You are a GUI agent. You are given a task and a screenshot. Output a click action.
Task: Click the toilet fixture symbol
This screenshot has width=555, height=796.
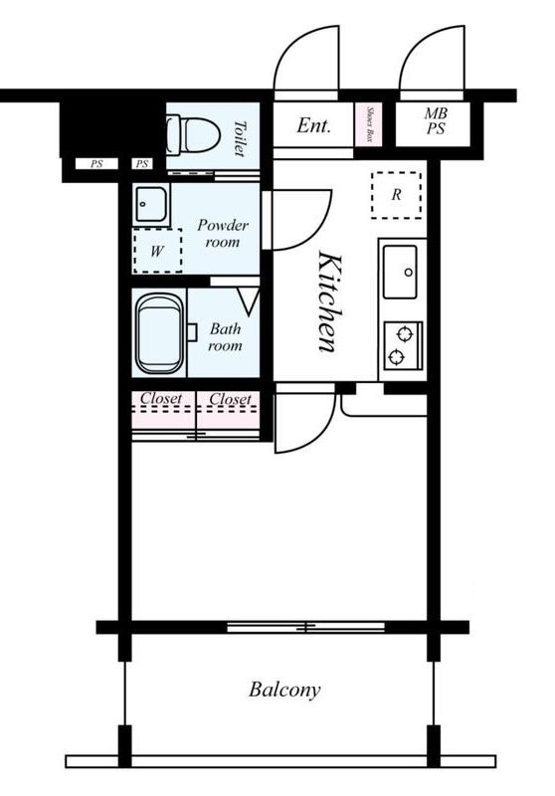click(x=193, y=135)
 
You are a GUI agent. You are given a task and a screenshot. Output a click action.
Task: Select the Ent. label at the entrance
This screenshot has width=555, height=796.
click(x=314, y=125)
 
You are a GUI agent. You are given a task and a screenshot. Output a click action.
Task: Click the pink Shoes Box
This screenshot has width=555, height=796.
click(x=369, y=124)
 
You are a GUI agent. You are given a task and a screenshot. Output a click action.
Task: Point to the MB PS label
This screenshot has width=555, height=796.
click(x=436, y=120)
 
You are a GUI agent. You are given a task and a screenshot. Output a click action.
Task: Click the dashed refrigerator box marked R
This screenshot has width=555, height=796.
click(x=396, y=195)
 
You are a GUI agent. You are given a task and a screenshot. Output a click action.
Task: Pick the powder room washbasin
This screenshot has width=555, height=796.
click(x=150, y=204)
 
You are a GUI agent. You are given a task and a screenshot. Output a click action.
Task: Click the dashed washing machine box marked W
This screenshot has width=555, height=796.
click(x=157, y=251)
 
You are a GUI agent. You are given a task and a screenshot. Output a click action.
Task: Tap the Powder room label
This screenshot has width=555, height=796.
click(x=223, y=233)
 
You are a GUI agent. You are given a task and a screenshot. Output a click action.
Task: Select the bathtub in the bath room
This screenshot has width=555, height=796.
click(x=160, y=332)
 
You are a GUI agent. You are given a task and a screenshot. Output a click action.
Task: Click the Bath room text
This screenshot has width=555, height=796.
click(x=225, y=337)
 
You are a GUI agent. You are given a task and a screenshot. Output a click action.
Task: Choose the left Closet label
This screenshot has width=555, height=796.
click(x=161, y=399)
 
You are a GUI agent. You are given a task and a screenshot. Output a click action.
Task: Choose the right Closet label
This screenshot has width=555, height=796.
click(x=231, y=399)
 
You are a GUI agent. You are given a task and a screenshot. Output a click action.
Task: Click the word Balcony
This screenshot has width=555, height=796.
click(x=284, y=690)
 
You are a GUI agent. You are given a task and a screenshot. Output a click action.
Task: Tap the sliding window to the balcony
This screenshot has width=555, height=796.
click(x=305, y=628)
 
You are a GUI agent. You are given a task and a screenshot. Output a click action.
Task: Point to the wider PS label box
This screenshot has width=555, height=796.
click(x=96, y=164)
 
